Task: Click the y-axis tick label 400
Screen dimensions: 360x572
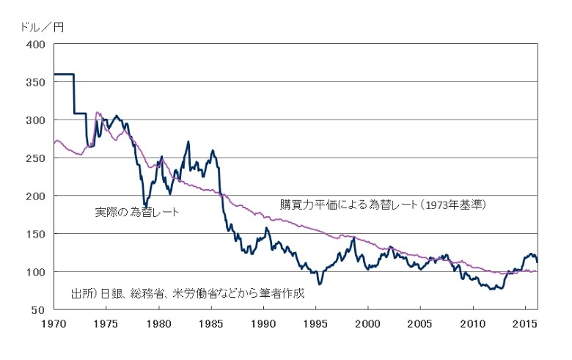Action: point(36,44)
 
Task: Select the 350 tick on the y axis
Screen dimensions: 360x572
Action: point(36,82)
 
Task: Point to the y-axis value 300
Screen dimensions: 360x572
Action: point(36,120)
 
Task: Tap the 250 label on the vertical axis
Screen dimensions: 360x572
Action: point(36,158)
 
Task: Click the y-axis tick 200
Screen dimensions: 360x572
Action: point(36,196)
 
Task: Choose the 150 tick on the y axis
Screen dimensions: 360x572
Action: point(36,234)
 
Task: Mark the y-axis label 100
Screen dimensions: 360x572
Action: point(36,272)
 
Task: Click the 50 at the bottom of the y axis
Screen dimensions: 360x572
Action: point(39,310)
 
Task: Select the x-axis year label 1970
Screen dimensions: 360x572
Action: point(54,323)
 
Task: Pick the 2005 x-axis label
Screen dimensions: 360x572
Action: point(420,323)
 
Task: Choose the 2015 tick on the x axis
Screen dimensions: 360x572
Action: point(525,323)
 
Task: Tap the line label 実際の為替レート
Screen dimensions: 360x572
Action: point(137,212)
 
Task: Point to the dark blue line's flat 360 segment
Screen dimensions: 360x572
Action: point(64,74)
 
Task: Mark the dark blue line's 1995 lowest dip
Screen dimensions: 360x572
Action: point(319,283)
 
